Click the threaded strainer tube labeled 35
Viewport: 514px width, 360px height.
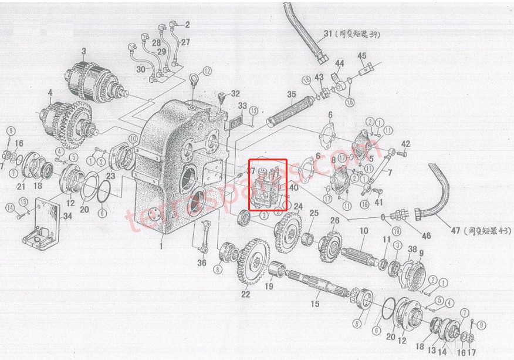click(x=288, y=111)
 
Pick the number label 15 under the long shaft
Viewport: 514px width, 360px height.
click(x=315, y=304)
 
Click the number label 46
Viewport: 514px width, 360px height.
click(x=427, y=235)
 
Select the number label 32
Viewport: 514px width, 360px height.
click(x=235, y=93)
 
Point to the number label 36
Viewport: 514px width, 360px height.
click(x=201, y=263)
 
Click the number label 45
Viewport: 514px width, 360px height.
click(x=361, y=56)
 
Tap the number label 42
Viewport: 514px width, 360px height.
click(x=405, y=143)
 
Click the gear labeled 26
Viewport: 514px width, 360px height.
click(x=331, y=244)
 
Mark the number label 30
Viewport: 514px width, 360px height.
click(x=140, y=69)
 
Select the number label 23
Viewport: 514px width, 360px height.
click(x=111, y=174)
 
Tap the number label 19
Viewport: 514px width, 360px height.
click(x=269, y=287)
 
